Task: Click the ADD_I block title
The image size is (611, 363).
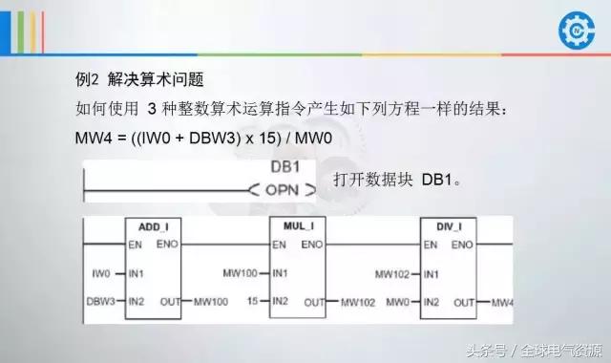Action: pyautogui.click(x=153, y=226)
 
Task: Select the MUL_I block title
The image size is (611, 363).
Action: pyautogui.click(x=298, y=226)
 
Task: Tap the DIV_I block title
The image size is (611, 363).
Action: pyautogui.click(x=448, y=226)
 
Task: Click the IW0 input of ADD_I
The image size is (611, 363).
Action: pyautogui.click(x=102, y=273)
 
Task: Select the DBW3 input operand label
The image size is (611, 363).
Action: pyautogui.click(x=100, y=302)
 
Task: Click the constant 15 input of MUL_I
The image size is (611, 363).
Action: pyautogui.click(x=252, y=302)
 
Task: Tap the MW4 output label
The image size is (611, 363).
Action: pyautogui.click(x=502, y=303)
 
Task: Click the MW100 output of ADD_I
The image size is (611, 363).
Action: pyautogui.click(x=210, y=303)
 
